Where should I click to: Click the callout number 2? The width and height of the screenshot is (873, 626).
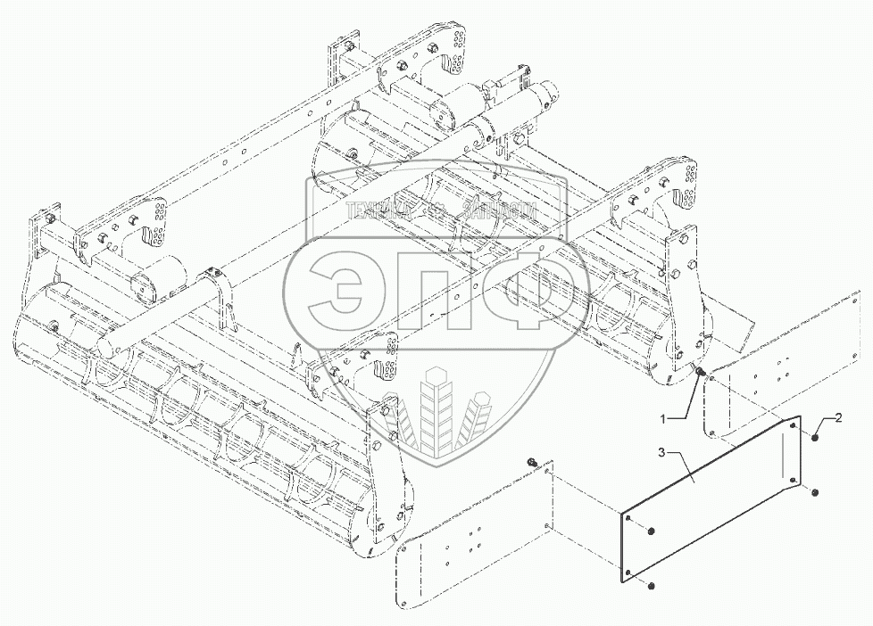coord(840,416)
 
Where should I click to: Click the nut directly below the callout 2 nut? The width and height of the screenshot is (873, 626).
coord(816,492)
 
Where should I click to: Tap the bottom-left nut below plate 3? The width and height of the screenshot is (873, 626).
coord(653,586)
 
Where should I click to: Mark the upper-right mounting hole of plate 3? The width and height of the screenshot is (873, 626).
coord(794,426)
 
